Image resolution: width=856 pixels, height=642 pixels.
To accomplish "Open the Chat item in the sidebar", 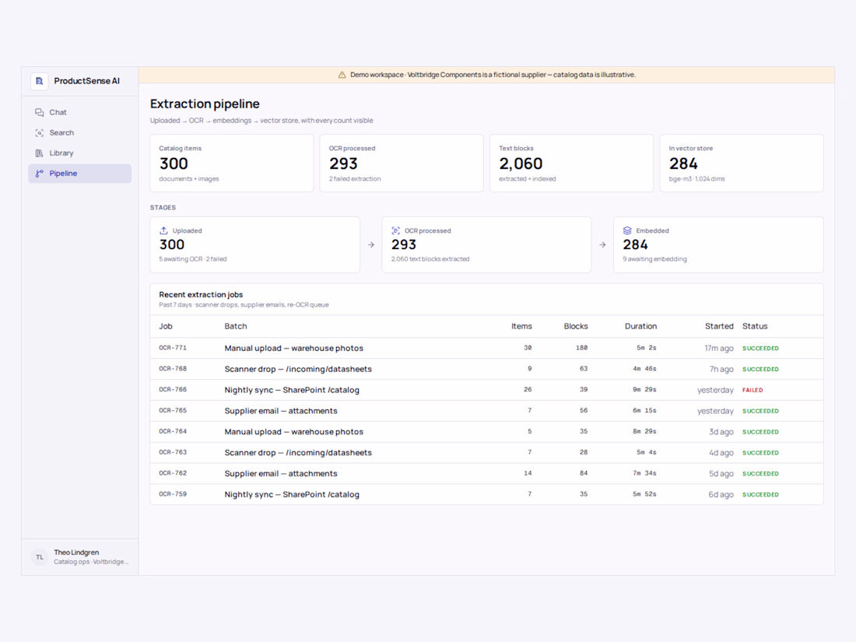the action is coord(58,113).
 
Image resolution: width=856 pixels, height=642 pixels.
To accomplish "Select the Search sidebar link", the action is coord(61,132).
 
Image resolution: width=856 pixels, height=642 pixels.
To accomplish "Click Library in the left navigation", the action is coord(61,153).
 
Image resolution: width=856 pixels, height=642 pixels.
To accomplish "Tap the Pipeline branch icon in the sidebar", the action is coord(40,174).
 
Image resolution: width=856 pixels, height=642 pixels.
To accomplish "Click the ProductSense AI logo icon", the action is coord(40,82).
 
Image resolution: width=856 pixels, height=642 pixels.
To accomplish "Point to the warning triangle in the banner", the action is coord(342,75).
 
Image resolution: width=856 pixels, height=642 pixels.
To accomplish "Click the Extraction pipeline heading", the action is coord(205,103).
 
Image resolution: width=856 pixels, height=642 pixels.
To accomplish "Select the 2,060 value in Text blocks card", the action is coord(521,163).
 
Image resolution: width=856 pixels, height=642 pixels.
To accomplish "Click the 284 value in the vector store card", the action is coord(683,163).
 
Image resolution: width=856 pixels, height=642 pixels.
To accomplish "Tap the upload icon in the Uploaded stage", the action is coord(163,230).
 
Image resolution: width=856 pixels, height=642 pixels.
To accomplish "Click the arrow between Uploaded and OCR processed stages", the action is coord(371,245).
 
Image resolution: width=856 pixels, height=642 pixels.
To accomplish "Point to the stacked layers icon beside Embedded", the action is coord(627,230).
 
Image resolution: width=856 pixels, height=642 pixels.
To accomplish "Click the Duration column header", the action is coord(640,327).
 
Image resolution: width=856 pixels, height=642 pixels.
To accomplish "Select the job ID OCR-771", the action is coord(173,348).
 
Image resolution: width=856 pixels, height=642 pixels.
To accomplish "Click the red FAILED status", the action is coord(753,391).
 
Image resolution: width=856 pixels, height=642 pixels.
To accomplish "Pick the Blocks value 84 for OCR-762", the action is coord(584,473).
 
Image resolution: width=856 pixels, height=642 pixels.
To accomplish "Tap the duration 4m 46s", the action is coord(644,369).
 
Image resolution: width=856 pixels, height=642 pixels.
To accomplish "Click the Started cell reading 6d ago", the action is coord(721,495).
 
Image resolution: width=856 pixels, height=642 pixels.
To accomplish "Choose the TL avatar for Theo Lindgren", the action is coord(40,557).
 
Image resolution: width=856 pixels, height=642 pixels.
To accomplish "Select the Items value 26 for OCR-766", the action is coord(528,390).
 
